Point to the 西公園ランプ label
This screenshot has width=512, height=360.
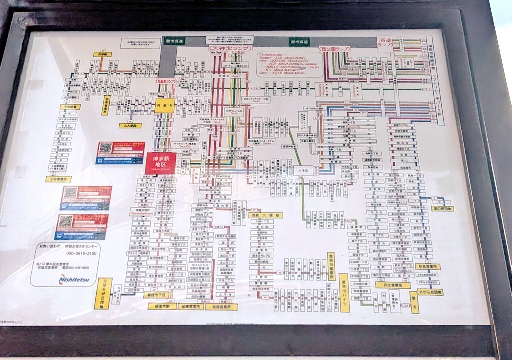coord(334,49)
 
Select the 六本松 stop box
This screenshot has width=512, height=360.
coord(303,170)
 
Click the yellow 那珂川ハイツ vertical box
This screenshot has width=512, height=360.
coord(344,293)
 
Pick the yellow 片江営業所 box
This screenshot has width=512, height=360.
coord(393,285)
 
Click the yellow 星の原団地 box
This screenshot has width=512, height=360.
coord(443,208)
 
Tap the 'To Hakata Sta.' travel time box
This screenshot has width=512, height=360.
coord(289,62)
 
